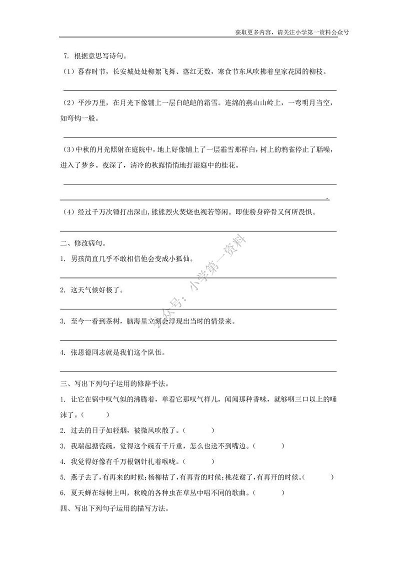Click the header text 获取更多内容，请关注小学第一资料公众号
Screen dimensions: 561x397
(x=291, y=31)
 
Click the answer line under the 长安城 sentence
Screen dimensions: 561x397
(x=199, y=90)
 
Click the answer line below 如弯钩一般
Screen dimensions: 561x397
(x=199, y=136)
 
